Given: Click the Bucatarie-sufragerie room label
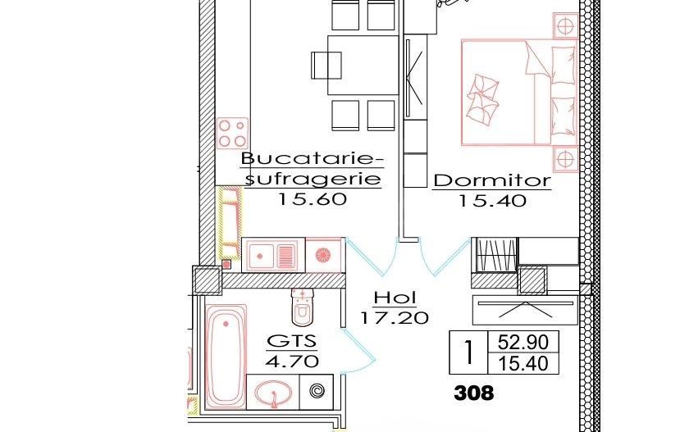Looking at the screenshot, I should (311, 168).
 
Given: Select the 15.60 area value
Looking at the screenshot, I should (313, 199).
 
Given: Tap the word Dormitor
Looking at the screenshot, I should (491, 181).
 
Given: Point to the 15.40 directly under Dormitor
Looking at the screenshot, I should (492, 201).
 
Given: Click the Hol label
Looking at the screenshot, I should (395, 298).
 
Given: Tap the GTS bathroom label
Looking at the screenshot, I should (292, 342).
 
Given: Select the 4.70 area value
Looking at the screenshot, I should (292, 361).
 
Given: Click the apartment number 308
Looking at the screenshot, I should (474, 393).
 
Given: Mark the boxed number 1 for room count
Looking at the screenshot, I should (468, 352).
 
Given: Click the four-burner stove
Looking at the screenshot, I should (232, 133).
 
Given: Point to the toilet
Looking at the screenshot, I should (303, 307).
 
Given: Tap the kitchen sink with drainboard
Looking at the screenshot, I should (273, 254).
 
